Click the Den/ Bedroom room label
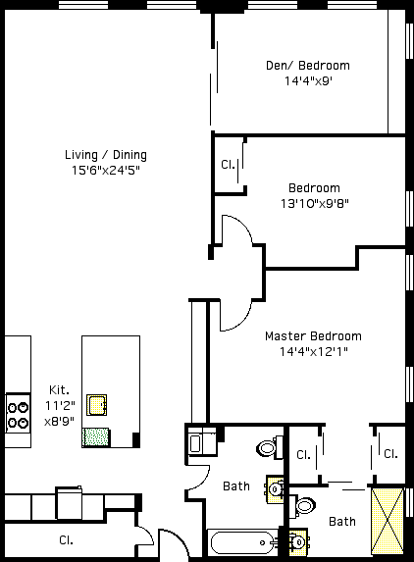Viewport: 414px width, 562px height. [x=307, y=66]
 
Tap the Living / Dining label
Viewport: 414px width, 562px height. [x=106, y=155]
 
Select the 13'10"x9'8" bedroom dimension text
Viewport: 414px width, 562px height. [x=314, y=204]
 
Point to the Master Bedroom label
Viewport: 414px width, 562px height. [x=313, y=336]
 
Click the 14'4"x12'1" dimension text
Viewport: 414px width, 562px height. [x=314, y=351]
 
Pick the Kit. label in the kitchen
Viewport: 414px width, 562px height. [x=59, y=390]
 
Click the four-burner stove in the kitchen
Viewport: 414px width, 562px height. [x=18, y=414]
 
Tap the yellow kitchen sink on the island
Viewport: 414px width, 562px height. [x=96, y=405]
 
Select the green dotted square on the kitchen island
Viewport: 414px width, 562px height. [x=95, y=437]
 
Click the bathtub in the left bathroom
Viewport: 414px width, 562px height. [x=243, y=543]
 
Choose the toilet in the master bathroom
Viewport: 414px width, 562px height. [x=302, y=506]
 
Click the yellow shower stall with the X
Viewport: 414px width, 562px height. [x=388, y=521]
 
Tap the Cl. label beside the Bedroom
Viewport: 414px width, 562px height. [x=228, y=165]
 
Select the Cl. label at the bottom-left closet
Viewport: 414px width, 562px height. [x=67, y=540]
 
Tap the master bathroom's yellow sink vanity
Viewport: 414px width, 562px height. [x=298, y=542]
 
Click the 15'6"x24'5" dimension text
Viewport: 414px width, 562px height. [x=105, y=171]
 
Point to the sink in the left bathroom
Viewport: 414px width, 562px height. [x=275, y=489]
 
